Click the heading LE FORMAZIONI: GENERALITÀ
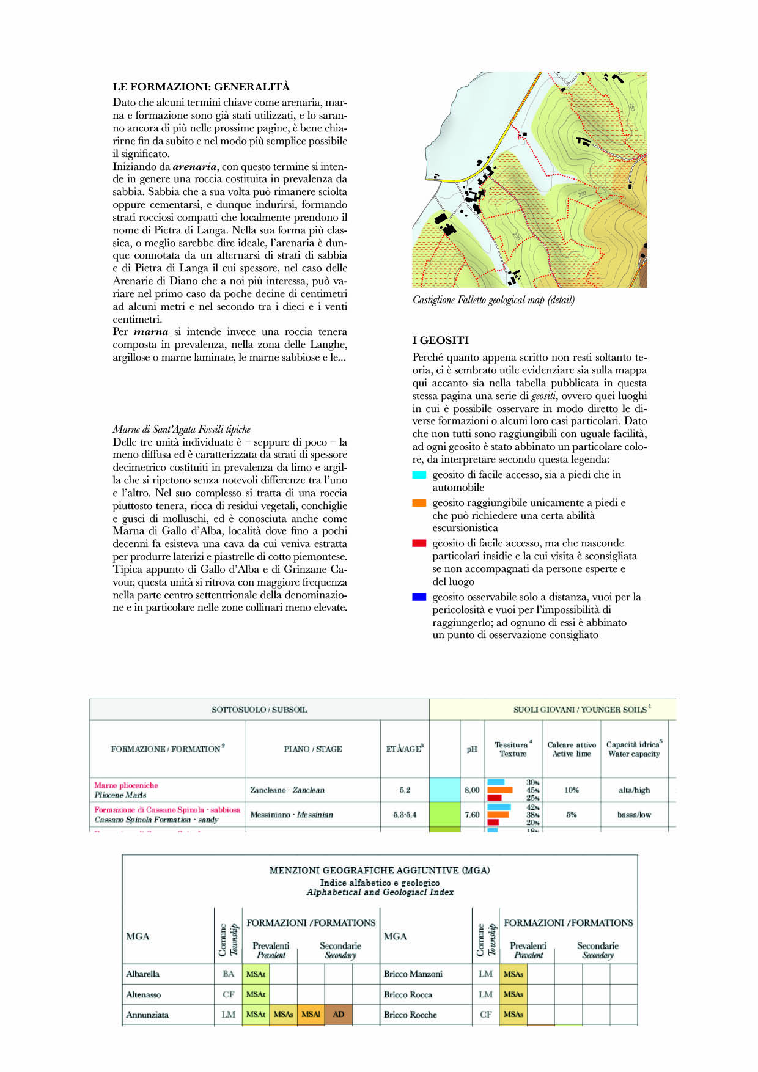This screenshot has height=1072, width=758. coord(201,87)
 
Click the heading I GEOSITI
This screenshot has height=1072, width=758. coord(440,340)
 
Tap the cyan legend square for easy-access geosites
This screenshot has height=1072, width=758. coord(419,475)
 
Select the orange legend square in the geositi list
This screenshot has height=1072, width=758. coord(419,503)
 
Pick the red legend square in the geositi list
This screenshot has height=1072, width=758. coord(419,543)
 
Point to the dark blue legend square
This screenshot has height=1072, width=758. coord(419,597)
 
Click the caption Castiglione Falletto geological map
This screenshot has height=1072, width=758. coord(493,300)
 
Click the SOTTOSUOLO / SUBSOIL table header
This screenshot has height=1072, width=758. coord(259,710)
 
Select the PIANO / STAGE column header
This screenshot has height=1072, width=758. coord(312,749)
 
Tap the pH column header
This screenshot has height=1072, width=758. coord(472,749)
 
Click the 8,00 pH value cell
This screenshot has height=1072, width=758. coord(472,790)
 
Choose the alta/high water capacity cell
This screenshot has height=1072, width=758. coord(635,790)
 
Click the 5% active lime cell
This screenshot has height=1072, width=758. coord(572,815)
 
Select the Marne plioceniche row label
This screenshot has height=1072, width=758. coord(126,785)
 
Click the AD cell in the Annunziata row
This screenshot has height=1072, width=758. coord(339,1015)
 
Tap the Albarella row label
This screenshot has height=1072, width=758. coord(142,974)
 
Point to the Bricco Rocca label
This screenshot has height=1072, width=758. coord(408,994)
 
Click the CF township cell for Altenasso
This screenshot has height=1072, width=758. coord(229,994)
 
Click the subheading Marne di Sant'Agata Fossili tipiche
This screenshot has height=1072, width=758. coord(182,430)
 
